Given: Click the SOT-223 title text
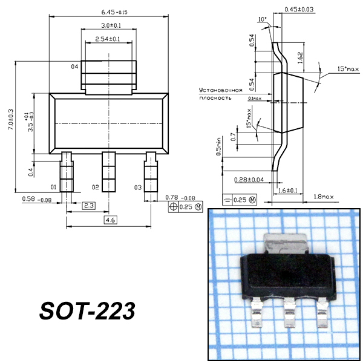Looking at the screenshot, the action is [87, 311].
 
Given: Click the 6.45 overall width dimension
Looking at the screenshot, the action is [114, 12].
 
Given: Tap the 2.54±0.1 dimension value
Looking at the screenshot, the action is [108, 39].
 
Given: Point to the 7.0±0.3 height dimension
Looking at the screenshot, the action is [11, 119].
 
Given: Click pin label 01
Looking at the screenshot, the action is [53, 187].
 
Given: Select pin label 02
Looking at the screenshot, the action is [96, 187].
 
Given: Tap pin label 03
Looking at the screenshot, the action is [138, 188].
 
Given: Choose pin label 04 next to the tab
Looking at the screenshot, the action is [74, 67].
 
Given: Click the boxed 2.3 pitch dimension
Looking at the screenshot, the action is [89, 206].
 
